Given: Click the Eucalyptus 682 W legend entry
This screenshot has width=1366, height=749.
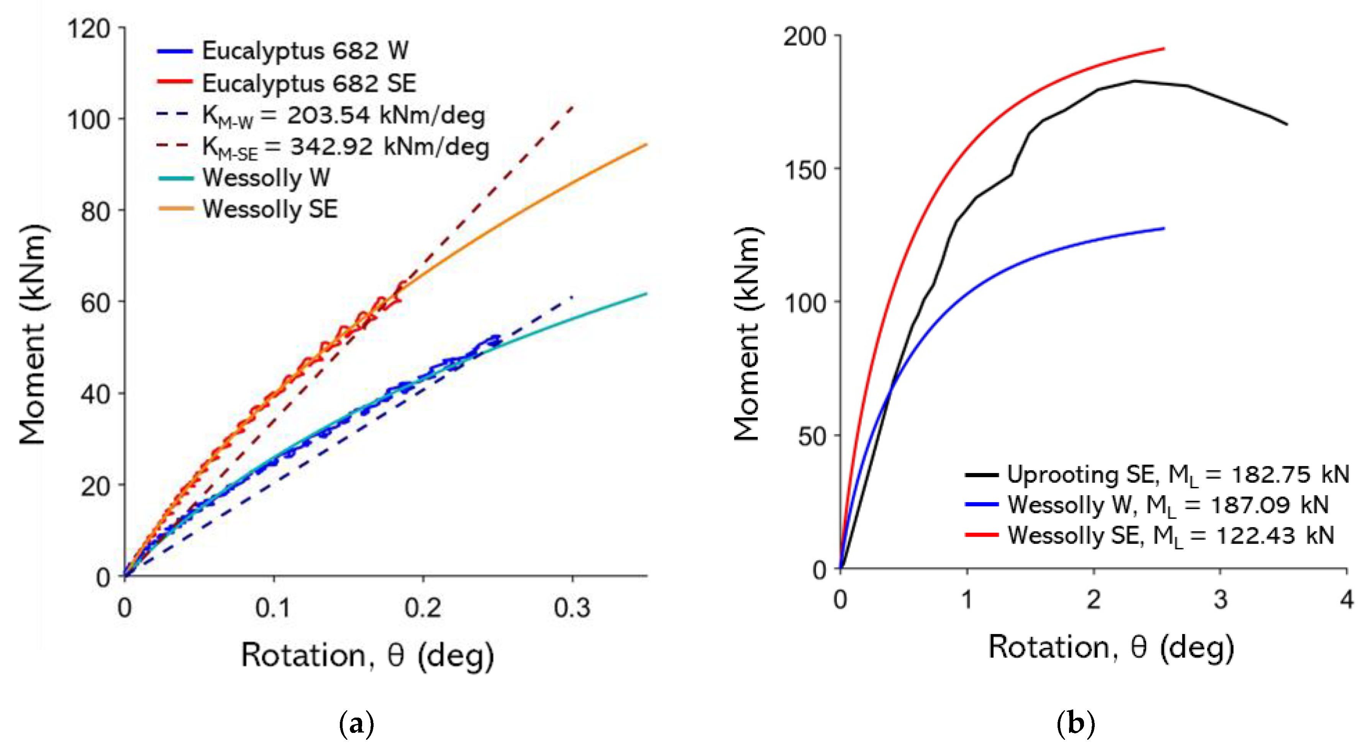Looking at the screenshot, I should (305, 51).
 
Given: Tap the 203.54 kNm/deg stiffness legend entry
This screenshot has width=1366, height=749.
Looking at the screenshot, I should (343, 116).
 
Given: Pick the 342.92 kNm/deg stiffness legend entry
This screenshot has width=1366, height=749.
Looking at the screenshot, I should (345, 147).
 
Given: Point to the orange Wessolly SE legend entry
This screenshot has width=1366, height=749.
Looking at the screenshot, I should (269, 209).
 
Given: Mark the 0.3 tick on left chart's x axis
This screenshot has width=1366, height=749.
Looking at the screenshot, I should (572, 608).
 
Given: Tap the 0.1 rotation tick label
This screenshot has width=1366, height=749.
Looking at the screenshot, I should (273, 608).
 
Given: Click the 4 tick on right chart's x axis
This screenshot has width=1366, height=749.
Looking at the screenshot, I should (1346, 600).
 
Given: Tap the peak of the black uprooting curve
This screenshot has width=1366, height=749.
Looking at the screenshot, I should (1135, 81).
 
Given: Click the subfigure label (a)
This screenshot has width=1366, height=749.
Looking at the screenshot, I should (356, 724).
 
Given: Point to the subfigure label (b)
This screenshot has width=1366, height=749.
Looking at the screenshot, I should (1076, 724).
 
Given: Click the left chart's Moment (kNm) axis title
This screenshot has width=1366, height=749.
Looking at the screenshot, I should (33, 334).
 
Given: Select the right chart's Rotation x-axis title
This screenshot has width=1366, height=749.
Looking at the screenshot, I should (1111, 648).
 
